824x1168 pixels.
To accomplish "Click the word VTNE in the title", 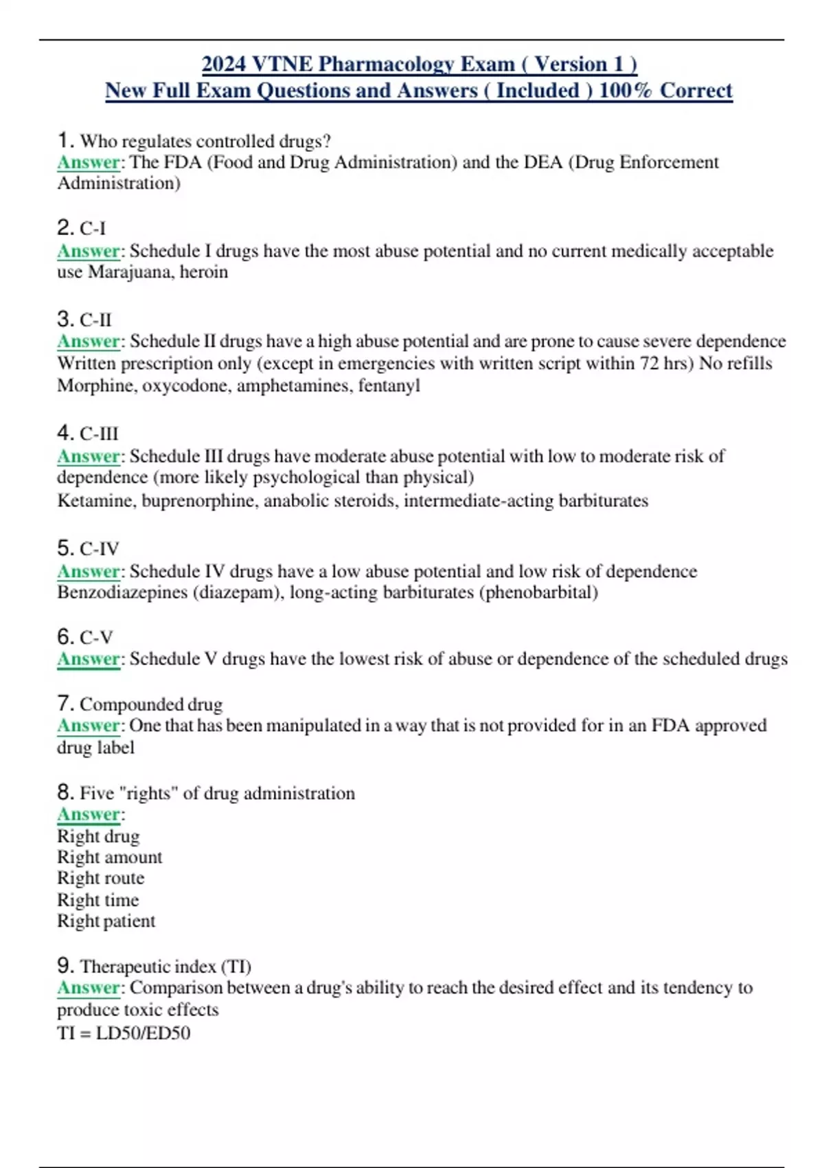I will pos(282,64).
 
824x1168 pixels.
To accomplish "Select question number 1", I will pos(65,140).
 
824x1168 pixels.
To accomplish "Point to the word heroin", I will pos(204,272).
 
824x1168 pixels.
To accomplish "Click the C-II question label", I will pos(95,319).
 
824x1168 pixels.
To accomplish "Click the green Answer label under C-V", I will pos(89,659).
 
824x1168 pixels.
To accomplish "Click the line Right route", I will pos(101,878).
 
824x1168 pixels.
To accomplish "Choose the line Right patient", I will pos(106,921).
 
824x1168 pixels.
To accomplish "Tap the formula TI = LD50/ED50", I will pos(124,1033).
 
